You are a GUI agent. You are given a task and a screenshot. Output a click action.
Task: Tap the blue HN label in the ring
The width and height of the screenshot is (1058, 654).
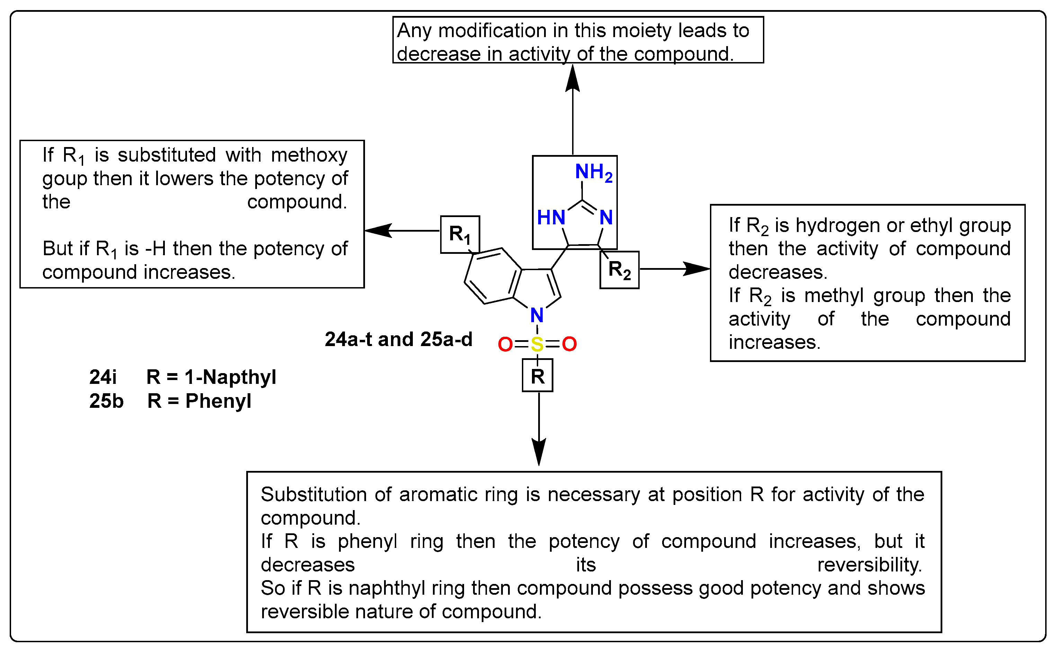[x=551, y=217]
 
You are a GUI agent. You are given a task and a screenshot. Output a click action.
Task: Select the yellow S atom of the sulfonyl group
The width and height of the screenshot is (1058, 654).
[x=537, y=344]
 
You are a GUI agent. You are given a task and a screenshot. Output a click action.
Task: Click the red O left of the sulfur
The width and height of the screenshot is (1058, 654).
[x=505, y=344]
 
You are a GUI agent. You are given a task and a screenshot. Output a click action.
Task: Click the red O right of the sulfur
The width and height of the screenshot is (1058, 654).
[x=569, y=344]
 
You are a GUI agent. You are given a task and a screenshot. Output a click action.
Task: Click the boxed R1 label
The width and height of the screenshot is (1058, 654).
[x=460, y=234]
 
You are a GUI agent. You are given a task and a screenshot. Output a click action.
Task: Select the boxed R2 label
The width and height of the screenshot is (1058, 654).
[x=619, y=270]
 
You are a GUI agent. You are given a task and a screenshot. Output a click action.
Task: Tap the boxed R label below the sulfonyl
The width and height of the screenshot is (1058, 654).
[x=537, y=376]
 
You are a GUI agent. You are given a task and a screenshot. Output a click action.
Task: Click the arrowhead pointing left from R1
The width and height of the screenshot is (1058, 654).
[x=378, y=231]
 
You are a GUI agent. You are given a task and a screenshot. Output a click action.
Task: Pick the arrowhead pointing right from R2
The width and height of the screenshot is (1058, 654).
[x=696, y=269]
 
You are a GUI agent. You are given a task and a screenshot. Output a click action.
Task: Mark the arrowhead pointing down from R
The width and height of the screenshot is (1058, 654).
[x=539, y=451]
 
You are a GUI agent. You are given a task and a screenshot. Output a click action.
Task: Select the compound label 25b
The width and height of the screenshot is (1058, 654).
[x=106, y=401]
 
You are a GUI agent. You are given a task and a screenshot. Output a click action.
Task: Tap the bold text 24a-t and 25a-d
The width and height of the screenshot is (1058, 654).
[x=398, y=339]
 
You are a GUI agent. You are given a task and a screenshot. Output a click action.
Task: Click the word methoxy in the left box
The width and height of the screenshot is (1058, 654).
[x=309, y=155]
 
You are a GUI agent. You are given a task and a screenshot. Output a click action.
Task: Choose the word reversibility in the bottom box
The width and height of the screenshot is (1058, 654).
[x=869, y=565]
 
